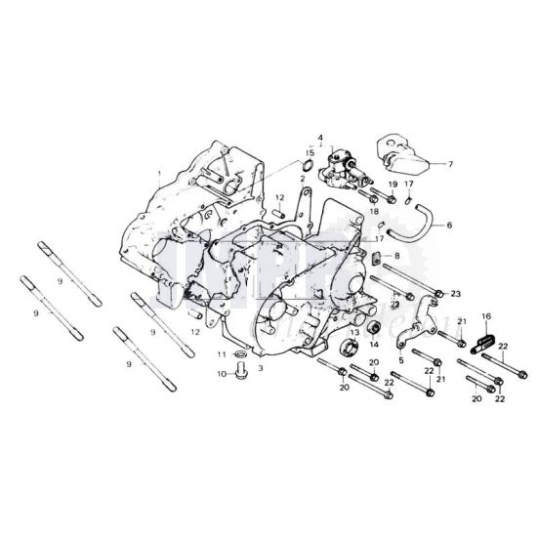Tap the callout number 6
pyautogui.click(x=450, y=225)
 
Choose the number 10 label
pyautogui.click(x=221, y=373)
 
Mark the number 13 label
pyautogui.click(x=353, y=332)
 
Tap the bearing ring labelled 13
pyautogui.click(x=348, y=349)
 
